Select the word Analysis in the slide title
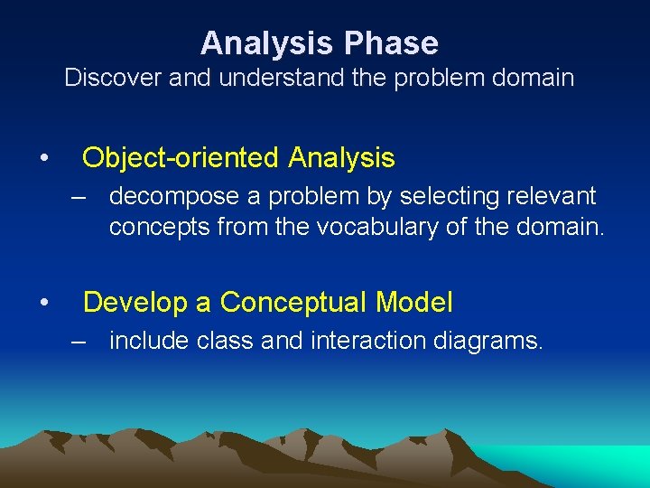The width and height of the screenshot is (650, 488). pos(272,43)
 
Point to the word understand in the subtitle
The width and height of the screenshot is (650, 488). pos(267,78)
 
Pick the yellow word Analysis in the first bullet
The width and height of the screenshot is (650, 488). pos(342,158)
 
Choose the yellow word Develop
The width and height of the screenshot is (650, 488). pos(135,303)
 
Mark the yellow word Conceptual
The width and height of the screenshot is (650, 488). pos(287,303)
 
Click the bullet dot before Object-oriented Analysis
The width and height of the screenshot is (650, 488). pos(43,159)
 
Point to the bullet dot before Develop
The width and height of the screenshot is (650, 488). pos(43,304)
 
